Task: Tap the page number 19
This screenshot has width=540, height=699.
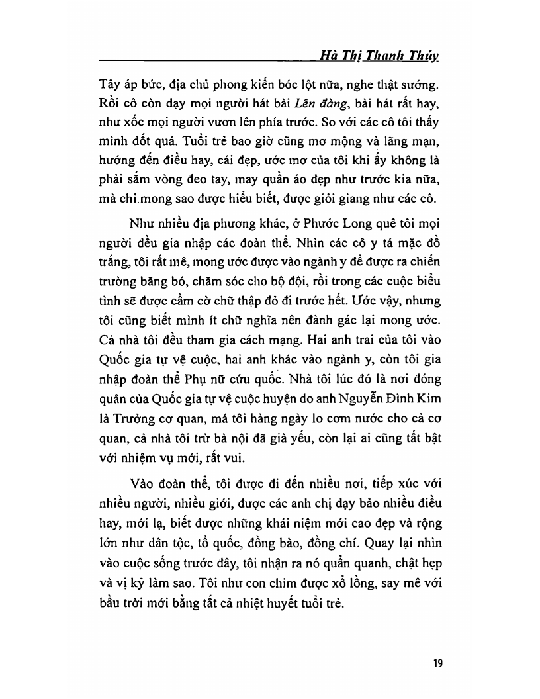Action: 437,664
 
